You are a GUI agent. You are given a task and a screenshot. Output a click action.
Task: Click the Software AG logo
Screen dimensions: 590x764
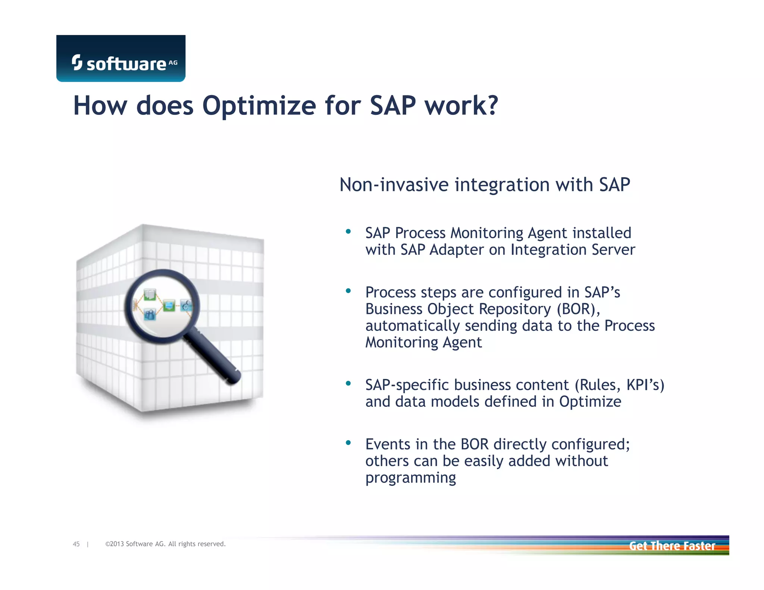120,59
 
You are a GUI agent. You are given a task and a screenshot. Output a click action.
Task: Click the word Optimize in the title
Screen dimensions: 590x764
259,106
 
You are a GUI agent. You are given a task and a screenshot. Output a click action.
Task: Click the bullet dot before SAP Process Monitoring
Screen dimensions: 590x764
348,232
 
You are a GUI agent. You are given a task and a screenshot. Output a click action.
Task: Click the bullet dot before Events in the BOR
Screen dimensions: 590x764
348,443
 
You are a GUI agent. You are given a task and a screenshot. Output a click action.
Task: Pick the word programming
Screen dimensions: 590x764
410,478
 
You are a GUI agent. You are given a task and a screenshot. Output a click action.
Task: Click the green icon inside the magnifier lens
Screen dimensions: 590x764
169,306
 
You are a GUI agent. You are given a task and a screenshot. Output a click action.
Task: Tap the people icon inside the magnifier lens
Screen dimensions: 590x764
150,314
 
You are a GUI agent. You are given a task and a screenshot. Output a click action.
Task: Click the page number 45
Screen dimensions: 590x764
76,544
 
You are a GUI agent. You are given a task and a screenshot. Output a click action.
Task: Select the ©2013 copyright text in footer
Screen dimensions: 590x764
165,544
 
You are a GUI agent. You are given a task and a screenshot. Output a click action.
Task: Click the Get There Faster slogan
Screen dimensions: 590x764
672,546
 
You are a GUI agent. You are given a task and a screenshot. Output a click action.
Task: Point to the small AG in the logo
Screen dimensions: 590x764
173,63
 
